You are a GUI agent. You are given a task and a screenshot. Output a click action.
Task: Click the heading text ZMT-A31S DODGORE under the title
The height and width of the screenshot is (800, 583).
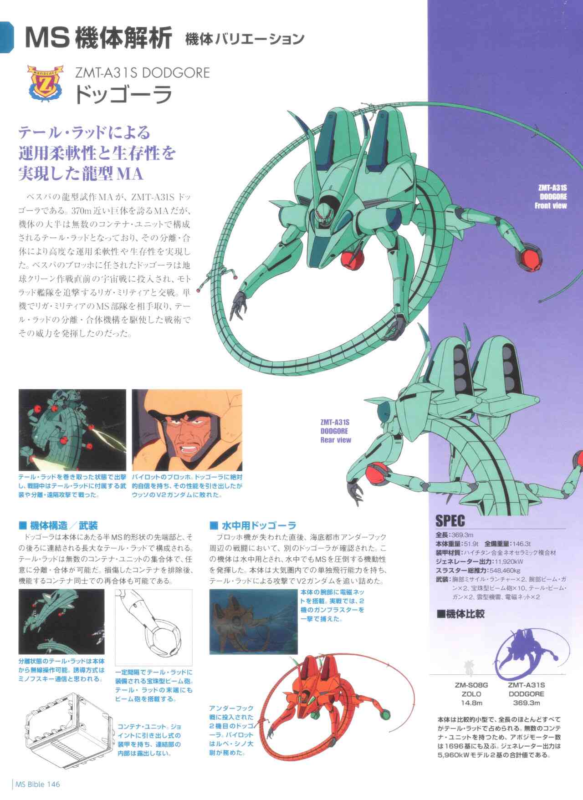142,73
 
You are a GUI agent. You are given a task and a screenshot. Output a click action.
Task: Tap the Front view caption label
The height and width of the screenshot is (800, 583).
550,205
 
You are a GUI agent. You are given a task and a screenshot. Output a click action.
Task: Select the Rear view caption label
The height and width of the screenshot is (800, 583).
335,440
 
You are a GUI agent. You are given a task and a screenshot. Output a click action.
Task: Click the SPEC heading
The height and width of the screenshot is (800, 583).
450,520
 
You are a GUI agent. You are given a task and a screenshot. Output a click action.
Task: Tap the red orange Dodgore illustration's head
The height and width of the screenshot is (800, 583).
308,697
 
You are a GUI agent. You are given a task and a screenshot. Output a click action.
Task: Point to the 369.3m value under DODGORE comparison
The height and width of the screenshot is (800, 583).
526,703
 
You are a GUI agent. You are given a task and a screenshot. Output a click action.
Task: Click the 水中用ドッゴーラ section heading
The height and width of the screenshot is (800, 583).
253,525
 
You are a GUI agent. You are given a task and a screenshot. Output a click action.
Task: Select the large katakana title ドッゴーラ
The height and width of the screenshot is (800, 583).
123,95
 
